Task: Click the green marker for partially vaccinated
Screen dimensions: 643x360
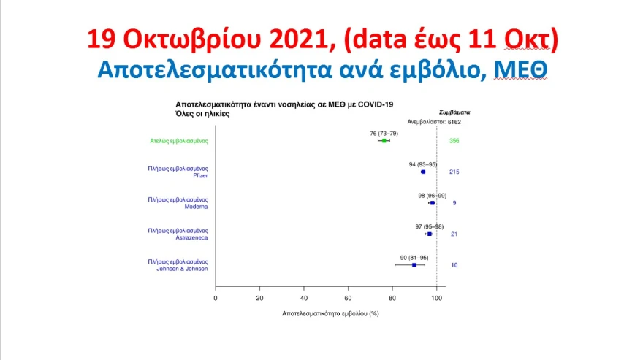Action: tap(384, 141)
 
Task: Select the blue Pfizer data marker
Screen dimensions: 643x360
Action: tap(423, 172)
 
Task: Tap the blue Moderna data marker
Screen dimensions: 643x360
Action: tap(433, 203)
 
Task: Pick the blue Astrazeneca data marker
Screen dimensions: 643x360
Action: tap(430, 234)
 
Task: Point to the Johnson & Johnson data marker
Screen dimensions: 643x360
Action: tap(414, 265)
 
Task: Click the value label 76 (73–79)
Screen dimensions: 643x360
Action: tap(384, 134)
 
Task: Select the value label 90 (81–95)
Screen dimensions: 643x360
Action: tap(414, 258)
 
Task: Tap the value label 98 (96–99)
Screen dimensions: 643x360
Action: tap(433, 196)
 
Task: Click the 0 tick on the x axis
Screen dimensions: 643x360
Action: tap(216, 298)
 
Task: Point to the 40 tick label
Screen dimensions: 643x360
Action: tap(304, 298)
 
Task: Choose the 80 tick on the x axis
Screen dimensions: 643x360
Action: tap(392, 298)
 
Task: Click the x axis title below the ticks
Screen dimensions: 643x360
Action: tap(330, 314)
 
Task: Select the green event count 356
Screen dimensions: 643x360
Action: tap(454, 141)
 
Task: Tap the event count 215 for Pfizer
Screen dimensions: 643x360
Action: tap(454, 172)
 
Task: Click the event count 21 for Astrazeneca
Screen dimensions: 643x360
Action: tap(454, 234)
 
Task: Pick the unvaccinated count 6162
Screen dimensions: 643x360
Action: tap(454, 122)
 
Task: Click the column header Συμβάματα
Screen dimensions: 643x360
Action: tap(454, 112)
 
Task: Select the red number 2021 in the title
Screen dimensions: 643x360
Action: tap(300, 39)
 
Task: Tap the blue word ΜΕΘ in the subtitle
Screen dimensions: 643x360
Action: tap(520, 69)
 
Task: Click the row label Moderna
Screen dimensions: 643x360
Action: tap(196, 207)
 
